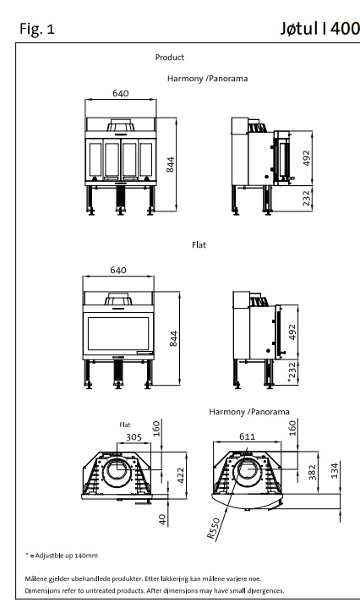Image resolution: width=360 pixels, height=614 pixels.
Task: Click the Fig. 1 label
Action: pyautogui.click(x=37, y=29)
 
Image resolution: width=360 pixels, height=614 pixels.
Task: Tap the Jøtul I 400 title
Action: pyautogui.click(x=319, y=28)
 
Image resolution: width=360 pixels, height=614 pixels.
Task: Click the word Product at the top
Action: pyautogui.click(x=169, y=58)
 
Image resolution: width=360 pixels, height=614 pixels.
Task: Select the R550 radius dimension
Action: pyautogui.click(x=213, y=529)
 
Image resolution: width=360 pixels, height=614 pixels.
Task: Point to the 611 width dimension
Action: pyautogui.click(x=247, y=436)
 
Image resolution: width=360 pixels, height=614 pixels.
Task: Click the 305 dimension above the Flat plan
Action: pyautogui.click(x=134, y=437)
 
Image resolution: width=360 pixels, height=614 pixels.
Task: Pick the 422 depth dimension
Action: pyautogui.click(x=180, y=475)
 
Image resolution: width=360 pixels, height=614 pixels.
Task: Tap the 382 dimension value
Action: pyautogui.click(x=312, y=473)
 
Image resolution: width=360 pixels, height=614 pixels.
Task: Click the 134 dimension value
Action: pyautogui.click(x=334, y=471)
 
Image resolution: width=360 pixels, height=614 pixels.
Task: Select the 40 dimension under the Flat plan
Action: pyautogui.click(x=163, y=519)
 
